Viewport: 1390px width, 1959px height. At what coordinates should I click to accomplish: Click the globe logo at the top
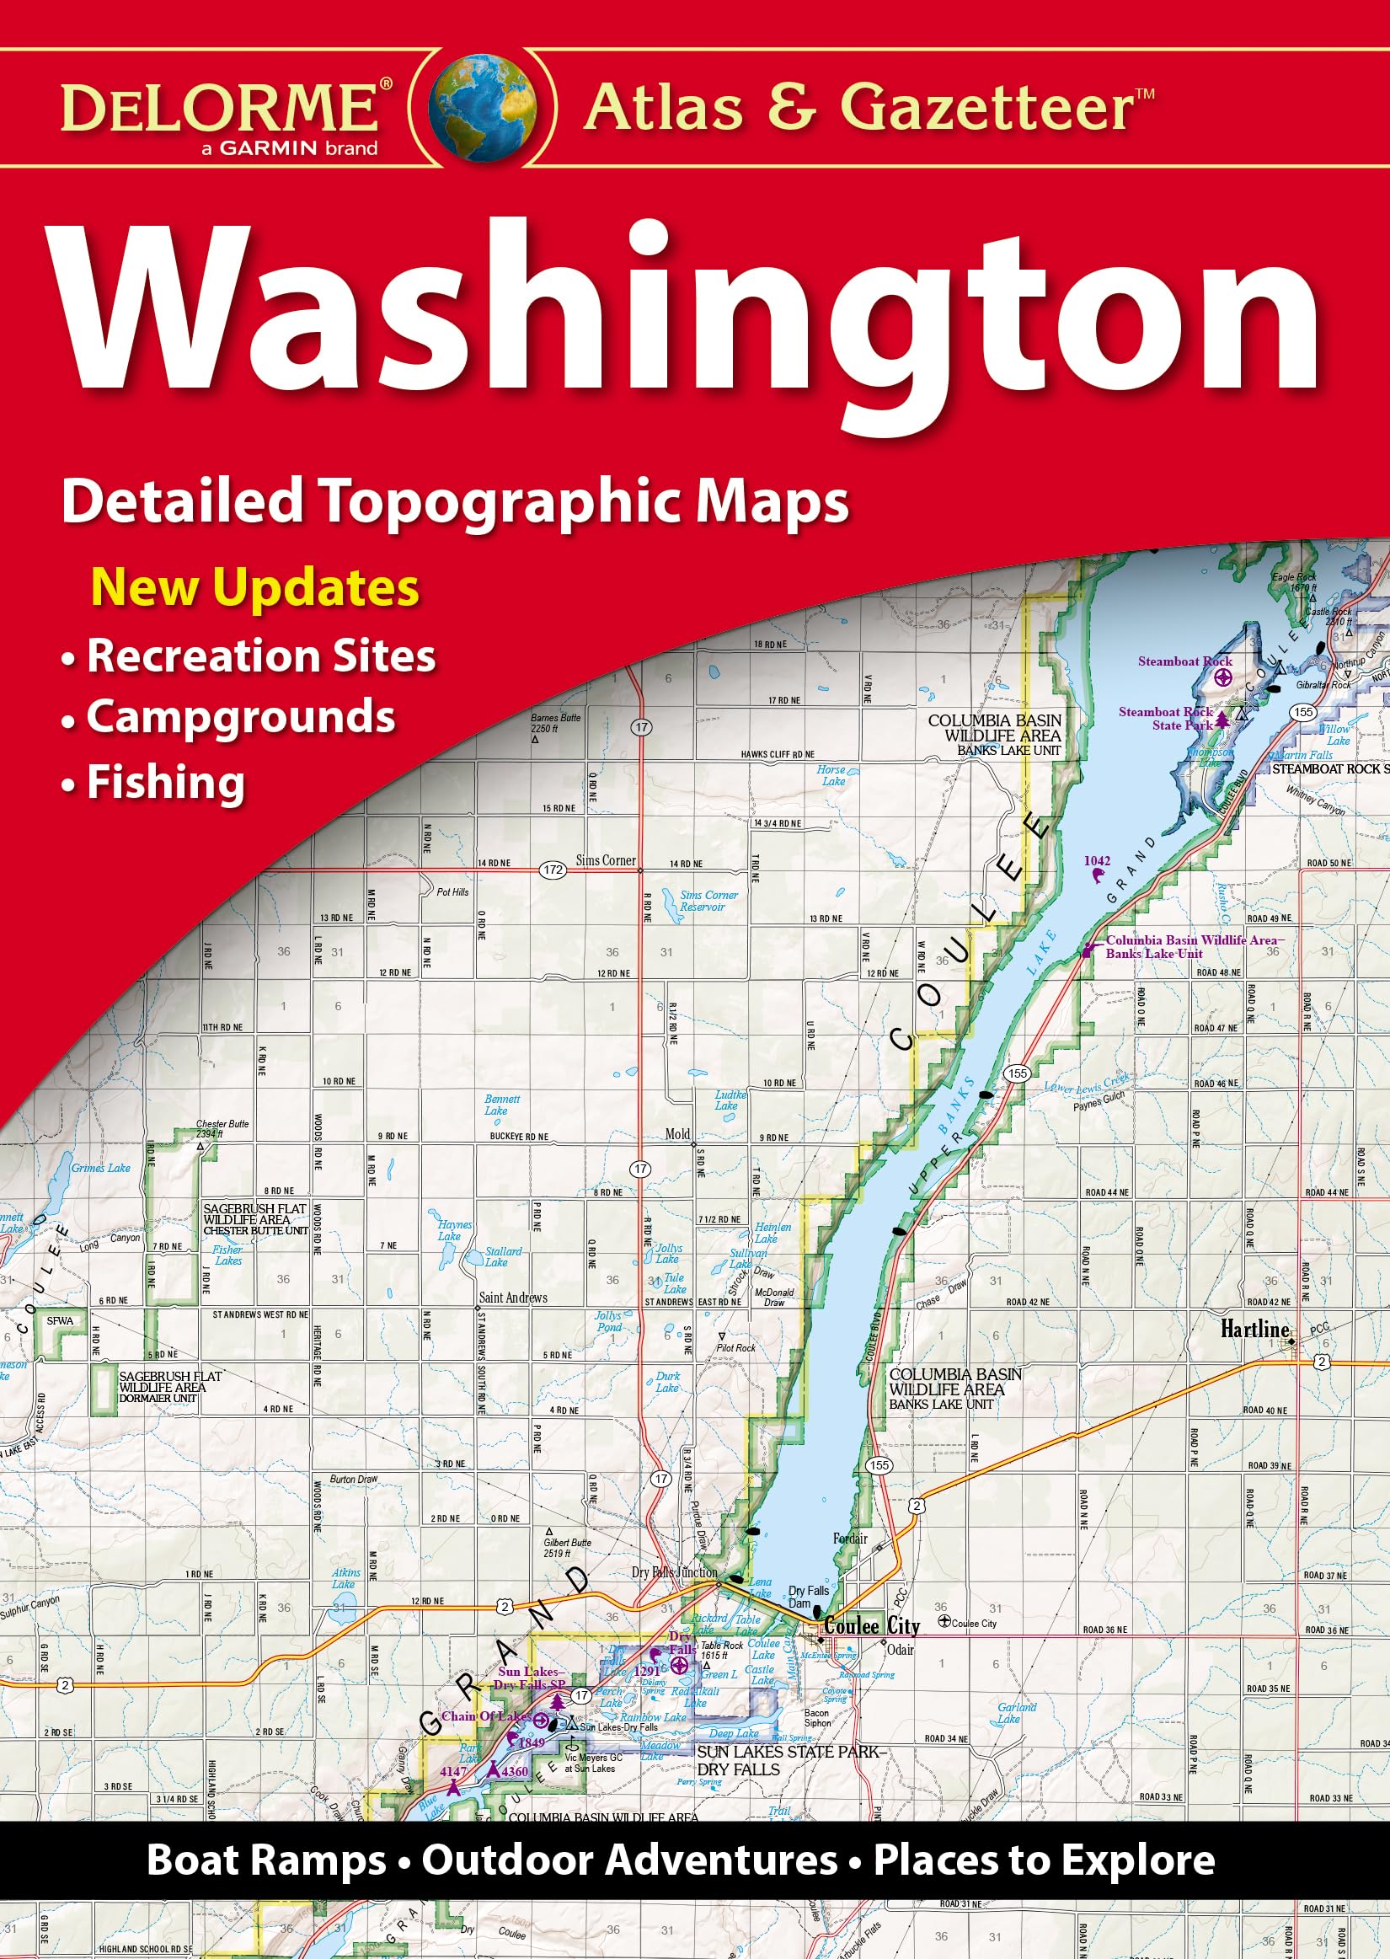485,109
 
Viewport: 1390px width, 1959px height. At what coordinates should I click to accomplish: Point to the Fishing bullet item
165,783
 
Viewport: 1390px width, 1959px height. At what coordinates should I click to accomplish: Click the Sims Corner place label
605,860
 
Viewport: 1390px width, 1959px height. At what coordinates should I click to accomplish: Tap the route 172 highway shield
553,870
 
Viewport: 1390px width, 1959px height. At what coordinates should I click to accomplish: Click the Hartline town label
1254,1329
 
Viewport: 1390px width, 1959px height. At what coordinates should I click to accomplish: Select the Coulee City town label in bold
870,1626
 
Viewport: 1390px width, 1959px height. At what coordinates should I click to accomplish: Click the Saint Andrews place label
513,1298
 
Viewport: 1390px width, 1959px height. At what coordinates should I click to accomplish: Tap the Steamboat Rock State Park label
1165,719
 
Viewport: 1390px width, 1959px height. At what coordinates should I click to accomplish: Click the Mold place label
677,1134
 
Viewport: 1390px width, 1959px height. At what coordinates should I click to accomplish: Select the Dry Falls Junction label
674,1572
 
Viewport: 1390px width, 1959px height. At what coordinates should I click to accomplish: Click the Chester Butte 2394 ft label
222,1128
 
